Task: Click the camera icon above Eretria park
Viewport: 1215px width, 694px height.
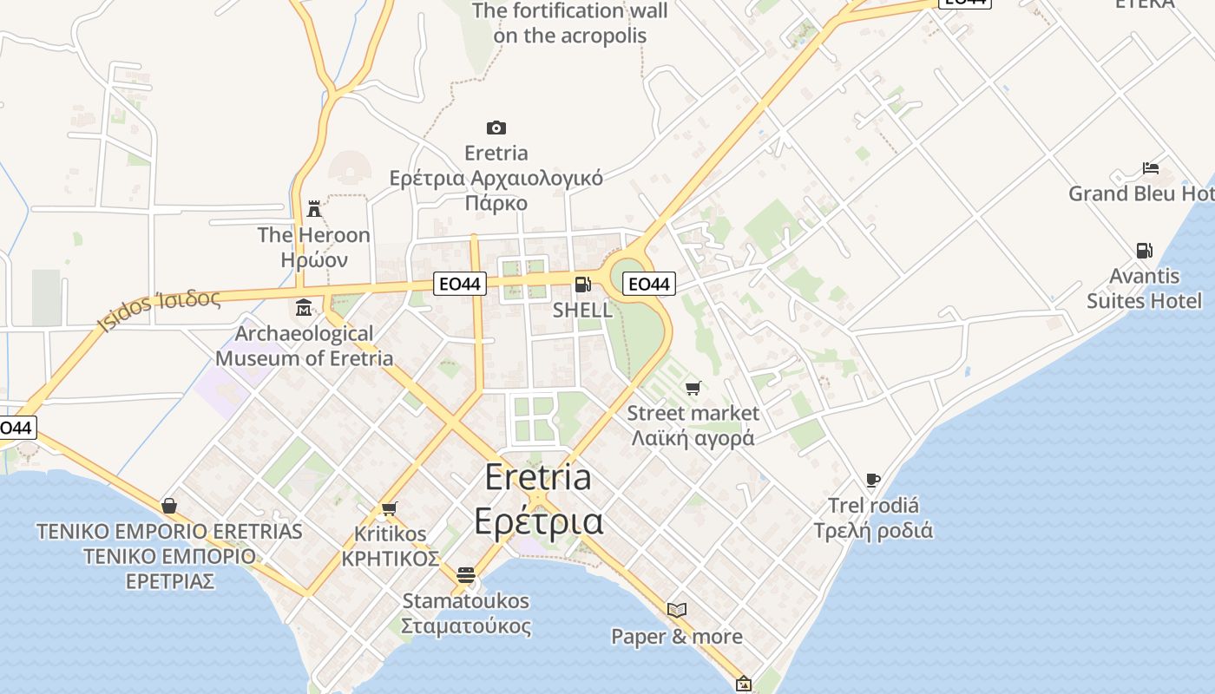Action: [496, 128]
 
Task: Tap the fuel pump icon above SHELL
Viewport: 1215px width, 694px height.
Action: [582, 285]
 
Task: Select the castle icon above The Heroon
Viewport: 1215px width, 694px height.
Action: [314, 209]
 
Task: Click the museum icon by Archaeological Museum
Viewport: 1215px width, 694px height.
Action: [304, 308]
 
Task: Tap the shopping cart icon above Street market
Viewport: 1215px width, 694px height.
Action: [693, 388]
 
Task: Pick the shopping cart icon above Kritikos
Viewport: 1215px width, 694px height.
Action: [389, 508]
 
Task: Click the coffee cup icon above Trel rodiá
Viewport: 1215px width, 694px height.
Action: [873, 480]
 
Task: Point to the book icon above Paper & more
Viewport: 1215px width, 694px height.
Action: [677, 610]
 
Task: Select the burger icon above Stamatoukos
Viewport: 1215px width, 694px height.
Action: [466, 574]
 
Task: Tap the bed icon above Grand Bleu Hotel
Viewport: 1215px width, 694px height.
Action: [1151, 167]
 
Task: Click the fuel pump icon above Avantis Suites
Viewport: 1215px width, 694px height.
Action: [1145, 251]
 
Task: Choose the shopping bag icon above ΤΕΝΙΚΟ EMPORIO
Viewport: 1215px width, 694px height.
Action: [169, 505]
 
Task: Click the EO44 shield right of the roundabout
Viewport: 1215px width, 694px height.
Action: [648, 284]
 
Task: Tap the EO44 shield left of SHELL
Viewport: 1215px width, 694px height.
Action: [460, 283]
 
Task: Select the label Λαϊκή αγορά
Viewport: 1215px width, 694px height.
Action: [693, 438]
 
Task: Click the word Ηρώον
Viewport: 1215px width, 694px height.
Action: [314, 259]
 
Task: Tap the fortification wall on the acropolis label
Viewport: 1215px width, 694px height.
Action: [570, 23]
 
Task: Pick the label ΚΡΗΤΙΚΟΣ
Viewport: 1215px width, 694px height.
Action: [391, 559]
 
